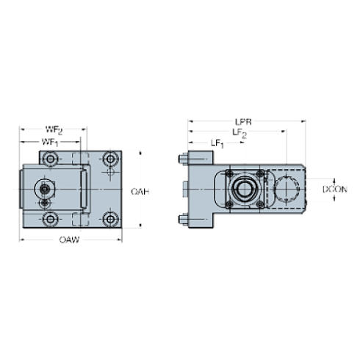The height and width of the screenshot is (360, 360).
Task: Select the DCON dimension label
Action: coord(335,188)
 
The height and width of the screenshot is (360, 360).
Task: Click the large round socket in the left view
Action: coord(46,188)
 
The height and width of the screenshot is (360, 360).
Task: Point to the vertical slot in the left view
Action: coord(85,188)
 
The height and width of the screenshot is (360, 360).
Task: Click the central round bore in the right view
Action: coord(242,189)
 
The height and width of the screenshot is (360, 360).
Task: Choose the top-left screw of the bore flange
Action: coord(228,175)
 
